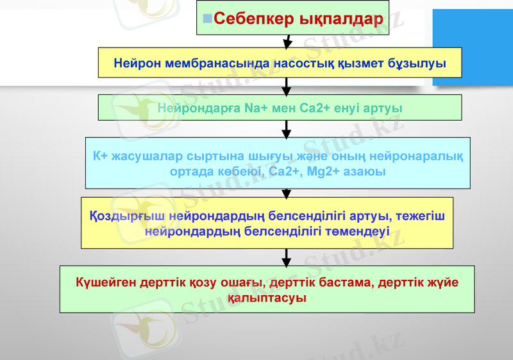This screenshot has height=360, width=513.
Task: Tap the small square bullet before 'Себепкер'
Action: click(208, 18)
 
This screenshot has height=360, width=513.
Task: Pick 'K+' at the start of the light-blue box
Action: click(99, 156)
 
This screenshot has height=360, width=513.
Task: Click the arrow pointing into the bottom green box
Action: click(287, 257)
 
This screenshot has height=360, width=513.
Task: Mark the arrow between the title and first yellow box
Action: click(288, 41)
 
